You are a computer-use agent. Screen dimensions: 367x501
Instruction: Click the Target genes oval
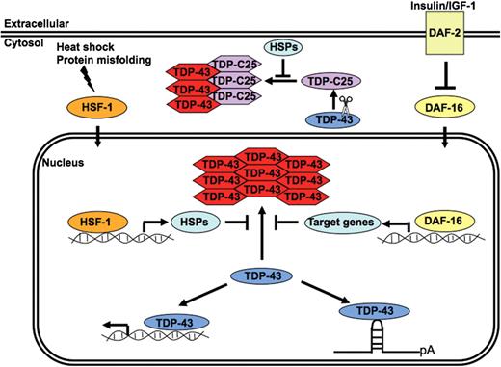(338, 223)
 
